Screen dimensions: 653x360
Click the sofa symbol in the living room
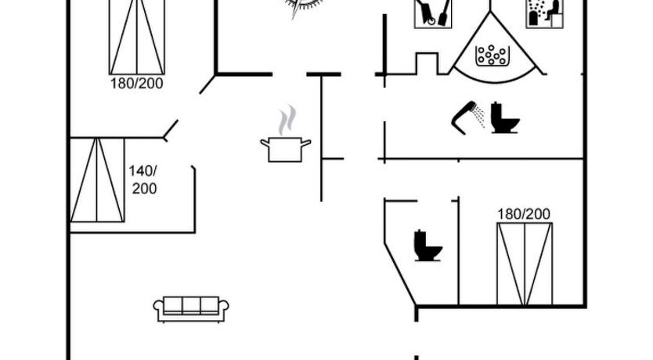click(x=191, y=309)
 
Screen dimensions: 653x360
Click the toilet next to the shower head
click(x=505, y=117)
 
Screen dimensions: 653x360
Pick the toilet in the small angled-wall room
click(x=428, y=246)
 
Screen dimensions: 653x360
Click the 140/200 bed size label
click(x=143, y=180)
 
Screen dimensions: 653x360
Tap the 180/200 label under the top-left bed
click(x=136, y=83)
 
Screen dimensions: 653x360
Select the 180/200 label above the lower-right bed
click(x=524, y=214)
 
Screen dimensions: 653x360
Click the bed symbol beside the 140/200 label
click(x=97, y=180)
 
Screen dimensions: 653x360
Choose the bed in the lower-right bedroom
click(x=525, y=265)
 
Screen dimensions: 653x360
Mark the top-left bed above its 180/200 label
click(x=136, y=37)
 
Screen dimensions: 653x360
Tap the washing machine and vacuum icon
click(x=433, y=14)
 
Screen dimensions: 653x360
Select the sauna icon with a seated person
click(x=545, y=14)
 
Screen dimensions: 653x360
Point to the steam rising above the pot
click(x=287, y=120)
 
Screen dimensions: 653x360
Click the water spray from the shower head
click(x=480, y=117)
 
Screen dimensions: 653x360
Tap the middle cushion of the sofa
click(x=191, y=305)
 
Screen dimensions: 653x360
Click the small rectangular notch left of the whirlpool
click(x=428, y=63)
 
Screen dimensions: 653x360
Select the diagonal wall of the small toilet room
click(x=400, y=274)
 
